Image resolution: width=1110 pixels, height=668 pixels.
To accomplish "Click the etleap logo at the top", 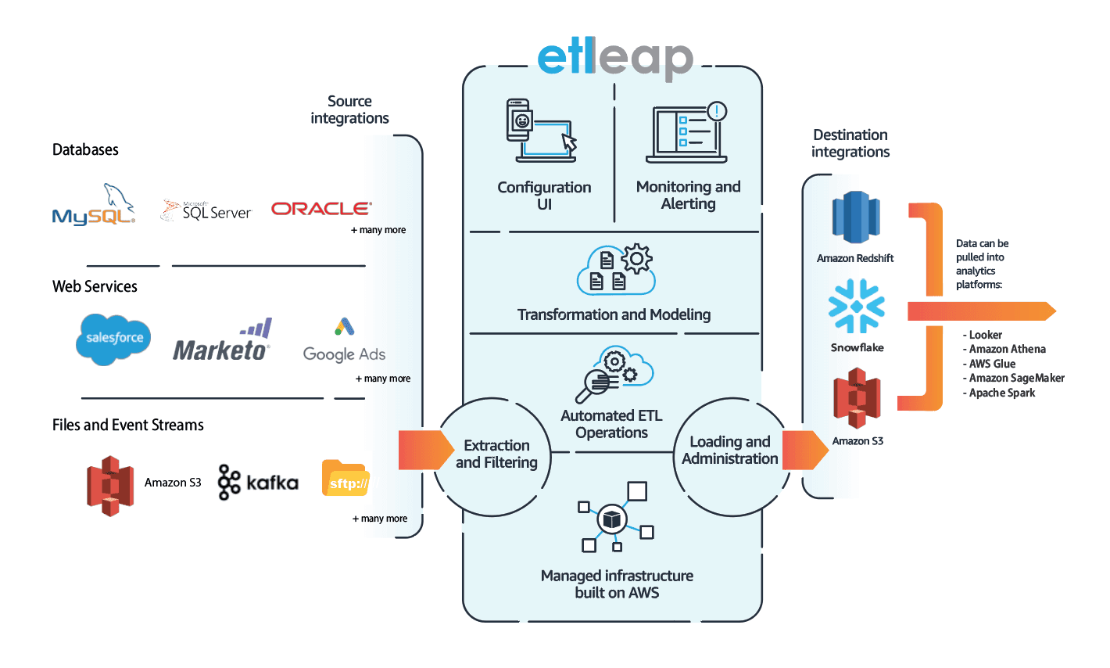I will click(614, 60).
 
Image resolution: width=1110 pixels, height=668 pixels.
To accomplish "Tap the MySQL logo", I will click(93, 207).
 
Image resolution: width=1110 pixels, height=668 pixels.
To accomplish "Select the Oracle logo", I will click(320, 209).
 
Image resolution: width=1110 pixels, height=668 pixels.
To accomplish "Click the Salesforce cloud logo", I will click(114, 339).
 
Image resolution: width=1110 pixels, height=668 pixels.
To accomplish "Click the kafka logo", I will click(258, 482).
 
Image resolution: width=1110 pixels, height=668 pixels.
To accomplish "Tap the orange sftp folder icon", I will click(345, 479).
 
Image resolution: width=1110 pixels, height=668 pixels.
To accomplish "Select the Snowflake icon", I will click(857, 307).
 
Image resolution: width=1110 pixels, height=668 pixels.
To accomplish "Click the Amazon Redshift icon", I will click(856, 217).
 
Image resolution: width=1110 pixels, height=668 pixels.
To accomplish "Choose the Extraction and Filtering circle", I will click(494, 456).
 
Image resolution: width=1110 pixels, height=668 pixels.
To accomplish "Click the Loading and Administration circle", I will click(729, 452).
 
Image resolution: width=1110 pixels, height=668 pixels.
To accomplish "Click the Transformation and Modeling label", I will click(614, 314).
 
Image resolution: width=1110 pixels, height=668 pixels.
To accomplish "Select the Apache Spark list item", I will click(1001, 393).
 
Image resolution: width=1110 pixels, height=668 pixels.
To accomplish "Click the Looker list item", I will click(984, 335).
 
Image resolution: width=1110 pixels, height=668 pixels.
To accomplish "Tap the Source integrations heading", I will click(349, 110).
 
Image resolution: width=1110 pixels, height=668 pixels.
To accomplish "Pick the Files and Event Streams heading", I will click(128, 425).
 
